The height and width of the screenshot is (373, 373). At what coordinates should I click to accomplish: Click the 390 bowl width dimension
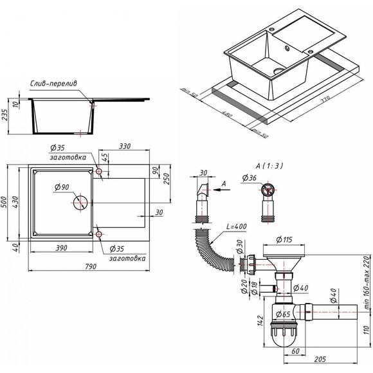[x=62, y=248]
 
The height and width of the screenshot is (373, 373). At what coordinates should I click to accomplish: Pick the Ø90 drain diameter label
[x=62, y=187]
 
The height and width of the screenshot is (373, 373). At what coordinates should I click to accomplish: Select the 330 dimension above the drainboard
[x=124, y=147]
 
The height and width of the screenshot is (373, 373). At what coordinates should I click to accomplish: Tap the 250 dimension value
[x=165, y=177]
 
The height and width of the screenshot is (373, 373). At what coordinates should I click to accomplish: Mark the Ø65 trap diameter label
[x=282, y=314]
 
